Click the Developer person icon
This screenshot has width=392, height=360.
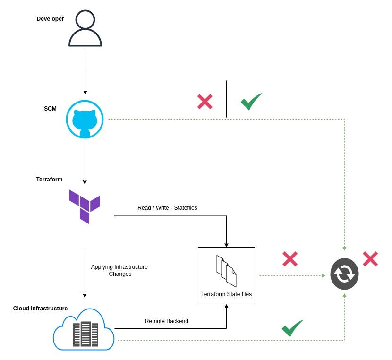[85, 29]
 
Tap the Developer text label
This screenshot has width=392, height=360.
[50, 19]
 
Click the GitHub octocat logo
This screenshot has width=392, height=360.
[85, 120]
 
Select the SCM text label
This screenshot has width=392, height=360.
[50, 109]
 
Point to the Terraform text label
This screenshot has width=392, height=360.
[49, 180]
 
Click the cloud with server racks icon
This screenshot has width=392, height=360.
[84, 329]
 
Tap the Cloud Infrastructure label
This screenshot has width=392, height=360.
[40, 309]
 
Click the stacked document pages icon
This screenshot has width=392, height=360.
[226, 271]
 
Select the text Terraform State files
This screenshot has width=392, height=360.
[226, 294]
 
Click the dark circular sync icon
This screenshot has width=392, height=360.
[344, 274]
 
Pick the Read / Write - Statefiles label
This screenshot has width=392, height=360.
[167, 208]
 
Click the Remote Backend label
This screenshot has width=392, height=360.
[166, 321]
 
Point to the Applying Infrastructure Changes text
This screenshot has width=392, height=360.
[119, 270]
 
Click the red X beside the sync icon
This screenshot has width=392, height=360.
[370, 259]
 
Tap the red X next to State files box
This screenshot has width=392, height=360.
[290, 259]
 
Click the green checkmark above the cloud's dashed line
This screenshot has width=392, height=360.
[292, 328]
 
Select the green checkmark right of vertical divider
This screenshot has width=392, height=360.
[251, 101]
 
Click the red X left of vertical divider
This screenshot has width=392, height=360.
[205, 102]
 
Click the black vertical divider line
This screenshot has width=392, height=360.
[226, 99]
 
